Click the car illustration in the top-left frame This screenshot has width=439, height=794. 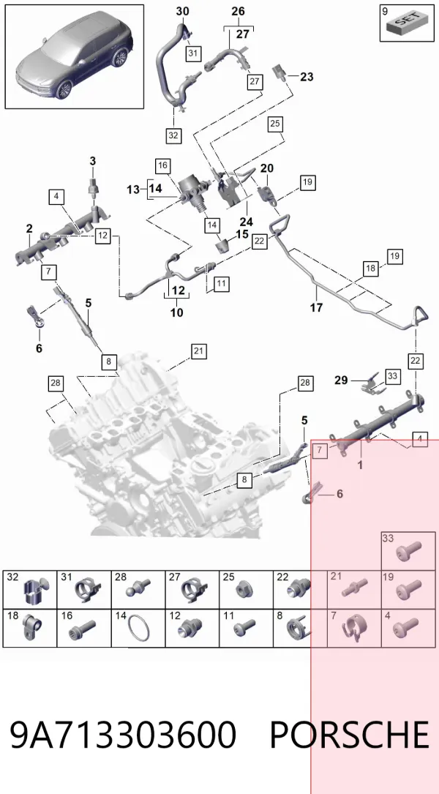click(x=75, y=57)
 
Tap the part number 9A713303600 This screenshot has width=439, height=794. click(x=123, y=734)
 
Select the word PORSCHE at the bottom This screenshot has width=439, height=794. click(x=350, y=734)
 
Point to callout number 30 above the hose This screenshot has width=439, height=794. click(x=182, y=11)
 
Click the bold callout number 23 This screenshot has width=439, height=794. click(x=307, y=77)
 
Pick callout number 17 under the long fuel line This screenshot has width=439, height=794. click(x=317, y=307)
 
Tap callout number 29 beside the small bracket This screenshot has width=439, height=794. click(x=341, y=380)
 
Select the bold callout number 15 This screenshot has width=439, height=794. click(x=242, y=234)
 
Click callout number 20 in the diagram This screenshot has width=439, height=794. click(x=267, y=168)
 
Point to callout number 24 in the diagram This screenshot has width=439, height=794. click(x=246, y=222)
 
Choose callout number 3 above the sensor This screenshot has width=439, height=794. click(x=93, y=161)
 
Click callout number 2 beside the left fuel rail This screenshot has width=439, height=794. click(x=29, y=229)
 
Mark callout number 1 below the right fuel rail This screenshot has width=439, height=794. click(x=360, y=465)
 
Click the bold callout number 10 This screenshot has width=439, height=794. click(x=177, y=313)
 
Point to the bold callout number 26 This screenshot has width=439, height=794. click(x=238, y=11)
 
